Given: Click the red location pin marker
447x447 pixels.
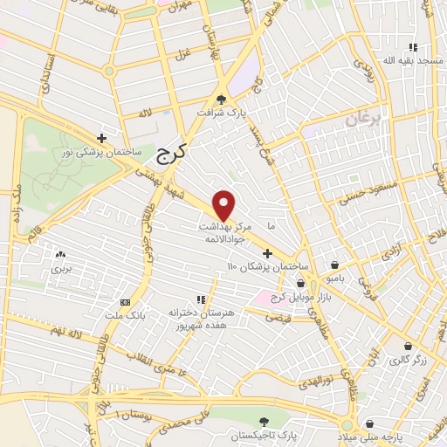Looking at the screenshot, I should click(224, 204).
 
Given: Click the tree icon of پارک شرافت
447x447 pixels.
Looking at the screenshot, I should click(221, 99).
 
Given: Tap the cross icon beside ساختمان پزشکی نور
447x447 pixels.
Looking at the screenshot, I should click(102, 138).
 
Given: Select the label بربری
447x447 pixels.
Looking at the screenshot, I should click(60, 268).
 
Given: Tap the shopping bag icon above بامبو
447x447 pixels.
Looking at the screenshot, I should click(335, 264).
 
